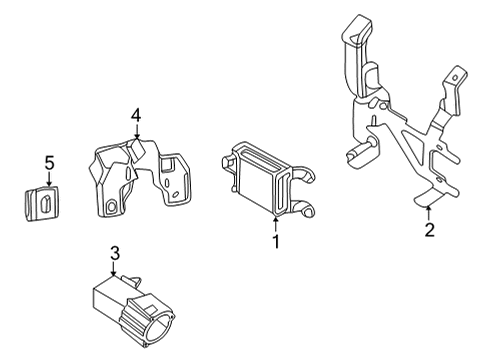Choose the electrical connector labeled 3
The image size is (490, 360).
point(125,305)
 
